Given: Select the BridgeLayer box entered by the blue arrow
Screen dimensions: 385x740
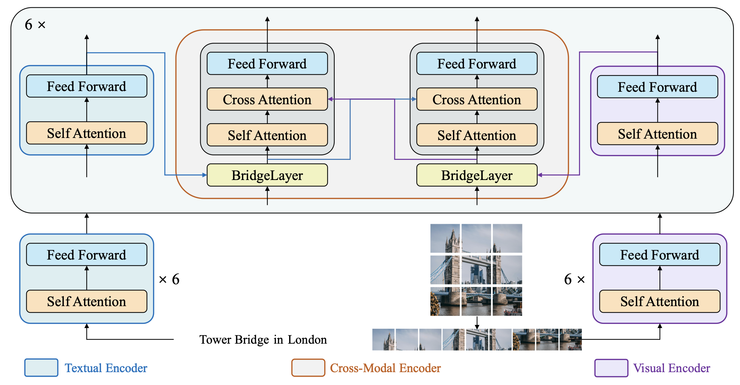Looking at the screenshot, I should (267, 175).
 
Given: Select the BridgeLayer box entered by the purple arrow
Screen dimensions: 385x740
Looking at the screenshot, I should (477, 175).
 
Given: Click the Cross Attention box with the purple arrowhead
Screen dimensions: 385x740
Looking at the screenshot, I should (267, 99).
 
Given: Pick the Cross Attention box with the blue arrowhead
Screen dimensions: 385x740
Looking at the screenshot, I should (477, 99).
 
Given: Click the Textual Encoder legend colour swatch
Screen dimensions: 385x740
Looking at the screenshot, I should (41, 368).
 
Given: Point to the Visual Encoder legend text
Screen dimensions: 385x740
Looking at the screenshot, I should (671, 368).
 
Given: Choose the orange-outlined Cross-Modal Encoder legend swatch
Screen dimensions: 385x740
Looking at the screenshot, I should (308, 368).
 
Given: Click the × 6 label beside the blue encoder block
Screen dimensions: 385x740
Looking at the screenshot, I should (169, 279).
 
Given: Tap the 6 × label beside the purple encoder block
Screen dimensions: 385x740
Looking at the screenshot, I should (574, 279).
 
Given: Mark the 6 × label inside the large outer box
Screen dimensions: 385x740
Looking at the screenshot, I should (35, 25).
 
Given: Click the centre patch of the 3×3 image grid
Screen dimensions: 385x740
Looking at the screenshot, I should (476, 270).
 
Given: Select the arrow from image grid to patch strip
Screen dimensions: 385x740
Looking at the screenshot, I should (477, 322).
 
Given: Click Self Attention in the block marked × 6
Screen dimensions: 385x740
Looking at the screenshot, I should (86, 301).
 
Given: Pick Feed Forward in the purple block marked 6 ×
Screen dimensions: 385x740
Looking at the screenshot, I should (659, 255).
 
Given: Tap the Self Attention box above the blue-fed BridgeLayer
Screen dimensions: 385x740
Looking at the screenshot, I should (267, 135).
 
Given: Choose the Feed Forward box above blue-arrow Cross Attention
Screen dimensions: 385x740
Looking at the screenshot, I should (477, 64).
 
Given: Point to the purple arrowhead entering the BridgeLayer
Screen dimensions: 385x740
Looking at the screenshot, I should (540, 175).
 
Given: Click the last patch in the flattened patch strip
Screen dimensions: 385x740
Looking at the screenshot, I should (570, 339).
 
